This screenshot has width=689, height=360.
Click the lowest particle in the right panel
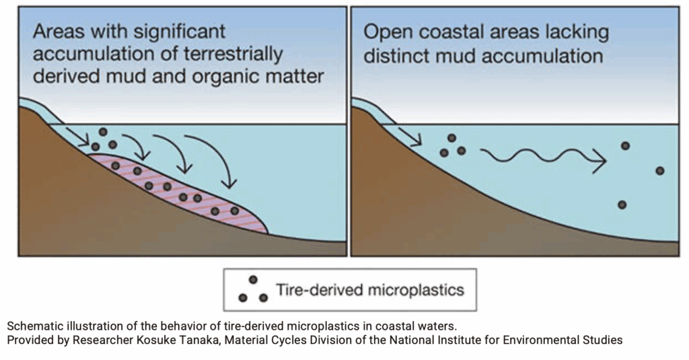[622, 205]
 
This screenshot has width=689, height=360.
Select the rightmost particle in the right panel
[659, 170]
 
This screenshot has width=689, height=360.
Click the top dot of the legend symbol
[253, 280]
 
